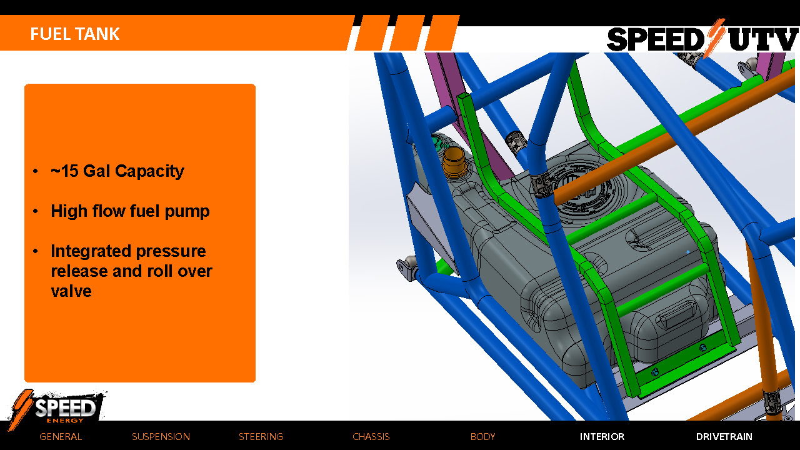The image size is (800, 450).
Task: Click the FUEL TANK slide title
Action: tap(75, 34)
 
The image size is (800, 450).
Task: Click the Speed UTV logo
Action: tap(702, 39)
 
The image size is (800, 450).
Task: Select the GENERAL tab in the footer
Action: tap(61, 437)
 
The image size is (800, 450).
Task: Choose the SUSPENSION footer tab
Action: tap(161, 437)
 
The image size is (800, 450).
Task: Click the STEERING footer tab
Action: tap(261, 437)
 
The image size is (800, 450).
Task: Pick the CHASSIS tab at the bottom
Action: tap(371, 437)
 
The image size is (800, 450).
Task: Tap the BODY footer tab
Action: tap(482, 437)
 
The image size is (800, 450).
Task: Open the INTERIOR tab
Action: tap(602, 437)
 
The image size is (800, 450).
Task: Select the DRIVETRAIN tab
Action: tap(724, 437)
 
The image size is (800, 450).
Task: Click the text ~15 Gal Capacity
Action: tap(117, 171)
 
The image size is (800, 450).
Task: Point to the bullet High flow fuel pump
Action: tap(130, 211)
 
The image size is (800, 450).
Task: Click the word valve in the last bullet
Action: tap(71, 291)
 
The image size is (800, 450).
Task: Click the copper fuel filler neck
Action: tap(451, 164)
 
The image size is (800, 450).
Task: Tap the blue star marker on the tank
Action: tap(688, 252)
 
